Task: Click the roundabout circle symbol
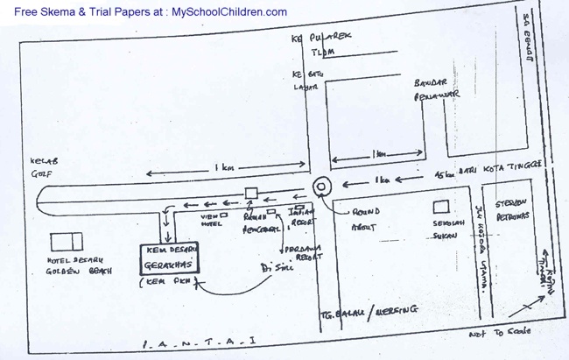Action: [321, 186]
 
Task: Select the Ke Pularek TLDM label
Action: [317, 45]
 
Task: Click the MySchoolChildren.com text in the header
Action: [228, 12]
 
